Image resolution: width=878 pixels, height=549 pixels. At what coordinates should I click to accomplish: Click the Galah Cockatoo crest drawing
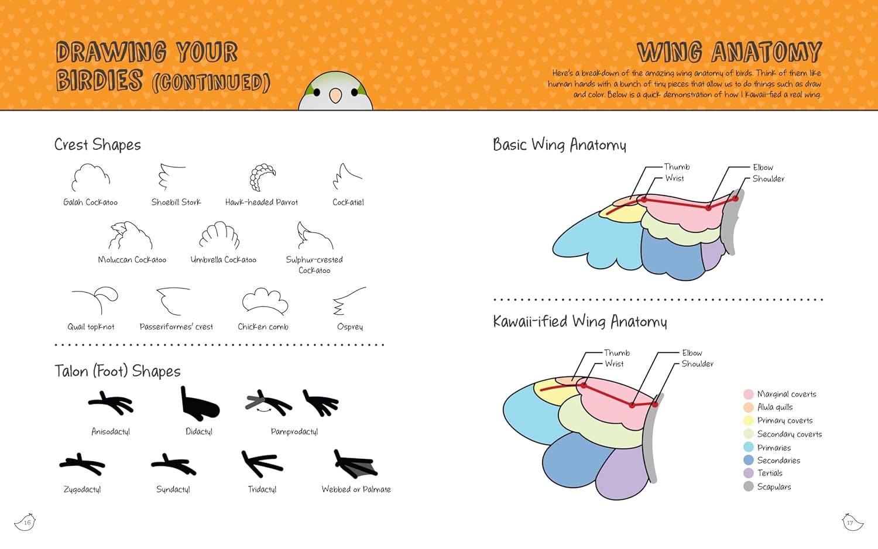(91, 177)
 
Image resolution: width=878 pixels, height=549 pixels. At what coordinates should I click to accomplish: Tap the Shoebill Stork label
(176, 203)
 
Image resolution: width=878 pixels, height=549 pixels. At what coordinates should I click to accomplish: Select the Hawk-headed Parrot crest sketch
(262, 177)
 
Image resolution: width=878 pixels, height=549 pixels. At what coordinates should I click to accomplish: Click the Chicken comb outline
(265, 301)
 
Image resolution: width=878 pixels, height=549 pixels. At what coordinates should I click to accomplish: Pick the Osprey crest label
(349, 327)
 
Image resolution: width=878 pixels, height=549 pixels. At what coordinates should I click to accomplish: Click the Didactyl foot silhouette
(199, 404)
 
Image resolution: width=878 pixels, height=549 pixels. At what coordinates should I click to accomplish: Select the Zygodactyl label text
(82, 489)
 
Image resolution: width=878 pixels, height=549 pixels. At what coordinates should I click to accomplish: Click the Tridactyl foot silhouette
(262, 464)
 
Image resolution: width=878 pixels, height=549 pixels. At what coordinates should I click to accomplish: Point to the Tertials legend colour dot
(749, 473)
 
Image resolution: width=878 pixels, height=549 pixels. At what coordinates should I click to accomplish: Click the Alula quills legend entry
(774, 407)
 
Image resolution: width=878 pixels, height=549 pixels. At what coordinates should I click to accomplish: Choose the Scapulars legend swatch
(749, 486)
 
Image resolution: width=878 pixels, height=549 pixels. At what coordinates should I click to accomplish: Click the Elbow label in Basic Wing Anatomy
(763, 167)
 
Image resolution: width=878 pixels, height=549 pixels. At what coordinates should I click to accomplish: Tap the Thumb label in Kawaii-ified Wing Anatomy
(617, 353)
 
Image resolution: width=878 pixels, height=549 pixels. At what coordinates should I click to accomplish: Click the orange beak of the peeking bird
(335, 95)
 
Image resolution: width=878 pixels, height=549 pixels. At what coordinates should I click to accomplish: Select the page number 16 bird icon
(26, 522)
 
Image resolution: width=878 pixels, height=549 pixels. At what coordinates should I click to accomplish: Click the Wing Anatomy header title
(729, 52)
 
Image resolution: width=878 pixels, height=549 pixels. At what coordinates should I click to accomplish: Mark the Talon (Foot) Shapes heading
(118, 371)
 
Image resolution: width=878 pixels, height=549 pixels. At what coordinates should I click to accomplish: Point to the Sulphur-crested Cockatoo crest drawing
(314, 236)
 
